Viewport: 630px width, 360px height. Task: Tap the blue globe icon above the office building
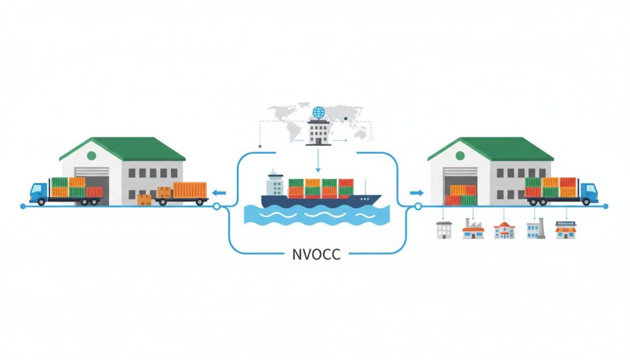click(318, 113)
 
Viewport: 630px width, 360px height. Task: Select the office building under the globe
click(318, 132)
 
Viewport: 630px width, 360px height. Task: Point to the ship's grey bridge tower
click(274, 184)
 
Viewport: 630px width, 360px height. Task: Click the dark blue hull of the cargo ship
click(320, 201)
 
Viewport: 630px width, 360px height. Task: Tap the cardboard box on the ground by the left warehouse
click(144, 199)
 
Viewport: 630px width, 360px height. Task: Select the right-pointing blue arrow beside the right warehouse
click(417, 193)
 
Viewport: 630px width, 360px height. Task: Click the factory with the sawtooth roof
click(473, 230)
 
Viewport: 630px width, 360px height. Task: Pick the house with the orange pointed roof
click(504, 230)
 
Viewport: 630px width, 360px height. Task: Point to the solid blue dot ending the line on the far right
click(607, 206)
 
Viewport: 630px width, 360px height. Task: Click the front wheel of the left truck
click(41, 201)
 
